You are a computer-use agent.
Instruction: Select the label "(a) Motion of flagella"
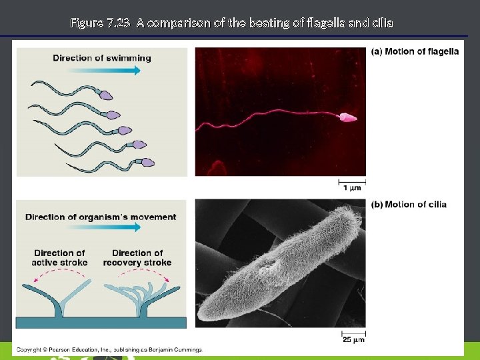(415, 51)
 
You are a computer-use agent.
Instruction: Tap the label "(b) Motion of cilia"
(409, 204)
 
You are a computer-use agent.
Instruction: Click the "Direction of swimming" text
(102, 58)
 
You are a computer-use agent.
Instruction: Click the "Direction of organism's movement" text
(101, 217)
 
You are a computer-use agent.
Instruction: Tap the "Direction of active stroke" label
(59, 257)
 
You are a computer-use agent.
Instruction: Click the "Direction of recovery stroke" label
(137, 257)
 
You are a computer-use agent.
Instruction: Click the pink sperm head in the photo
(348, 118)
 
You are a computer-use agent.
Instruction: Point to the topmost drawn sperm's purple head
(105, 96)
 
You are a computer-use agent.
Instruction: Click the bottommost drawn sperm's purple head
(147, 161)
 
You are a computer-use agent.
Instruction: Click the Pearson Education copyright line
(109, 349)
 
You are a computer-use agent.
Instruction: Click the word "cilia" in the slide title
(382, 23)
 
